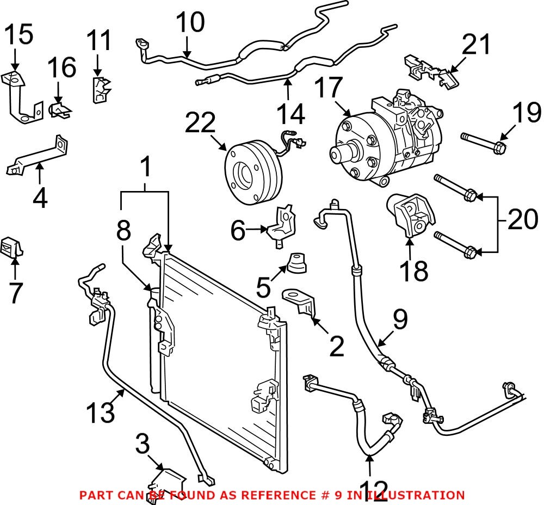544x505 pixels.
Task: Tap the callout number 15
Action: point(18,35)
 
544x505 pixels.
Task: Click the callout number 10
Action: point(190,23)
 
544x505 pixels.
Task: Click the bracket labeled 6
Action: point(282,223)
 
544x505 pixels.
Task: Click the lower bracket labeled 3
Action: point(166,479)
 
